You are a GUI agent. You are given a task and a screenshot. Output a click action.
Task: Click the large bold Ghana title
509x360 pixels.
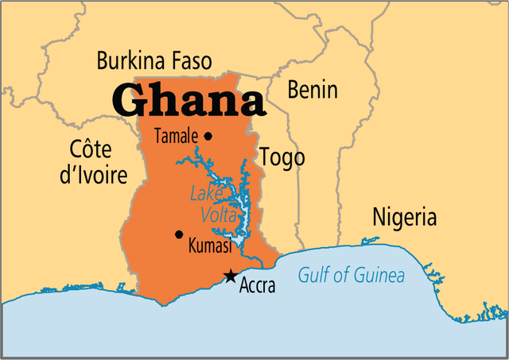(x=188, y=99)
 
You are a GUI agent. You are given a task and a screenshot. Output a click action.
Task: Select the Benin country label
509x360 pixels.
(x=312, y=89)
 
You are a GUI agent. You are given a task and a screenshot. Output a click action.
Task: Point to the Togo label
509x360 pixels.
(x=282, y=157)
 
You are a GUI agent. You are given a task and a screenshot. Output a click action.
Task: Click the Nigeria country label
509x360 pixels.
(x=404, y=216)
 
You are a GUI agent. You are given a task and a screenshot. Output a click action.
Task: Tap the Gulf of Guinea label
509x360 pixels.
(x=351, y=277)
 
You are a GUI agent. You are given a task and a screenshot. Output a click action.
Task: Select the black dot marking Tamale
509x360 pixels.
(x=208, y=136)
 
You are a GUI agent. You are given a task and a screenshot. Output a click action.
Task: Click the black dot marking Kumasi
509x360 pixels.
(x=179, y=234)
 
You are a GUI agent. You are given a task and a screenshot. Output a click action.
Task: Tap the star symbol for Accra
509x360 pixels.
(x=230, y=276)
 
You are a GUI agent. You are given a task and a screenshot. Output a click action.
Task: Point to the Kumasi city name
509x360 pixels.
(x=209, y=247)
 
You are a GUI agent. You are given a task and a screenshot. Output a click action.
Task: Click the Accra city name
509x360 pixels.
(x=257, y=286)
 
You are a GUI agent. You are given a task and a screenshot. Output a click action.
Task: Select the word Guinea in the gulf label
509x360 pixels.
(x=378, y=277)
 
